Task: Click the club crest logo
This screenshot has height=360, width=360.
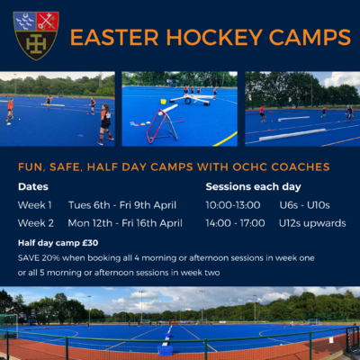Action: pos(36,36)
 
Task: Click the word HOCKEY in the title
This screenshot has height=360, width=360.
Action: pos(214,38)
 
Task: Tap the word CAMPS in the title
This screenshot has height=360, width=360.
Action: pos(310,38)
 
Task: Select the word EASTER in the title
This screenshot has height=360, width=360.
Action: pos(114,38)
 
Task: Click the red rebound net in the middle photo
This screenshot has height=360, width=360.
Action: pos(162,126)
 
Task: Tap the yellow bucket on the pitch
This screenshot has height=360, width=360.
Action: pos(164,102)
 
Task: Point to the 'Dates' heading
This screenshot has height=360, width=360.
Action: pos(33,186)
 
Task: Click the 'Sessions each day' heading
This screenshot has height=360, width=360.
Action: pos(253,187)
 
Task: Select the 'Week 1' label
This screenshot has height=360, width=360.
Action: pos(35,205)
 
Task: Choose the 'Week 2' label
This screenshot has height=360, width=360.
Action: pos(36,223)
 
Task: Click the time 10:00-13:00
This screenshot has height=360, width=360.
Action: pos(233,205)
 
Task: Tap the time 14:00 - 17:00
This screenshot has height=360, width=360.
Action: pos(235,223)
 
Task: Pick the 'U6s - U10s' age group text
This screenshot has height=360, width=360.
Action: pos(304,205)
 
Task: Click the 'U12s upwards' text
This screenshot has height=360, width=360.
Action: pos(312,223)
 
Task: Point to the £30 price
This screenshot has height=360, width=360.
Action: pos(90,243)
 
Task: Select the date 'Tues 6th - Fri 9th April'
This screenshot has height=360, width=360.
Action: pos(122,205)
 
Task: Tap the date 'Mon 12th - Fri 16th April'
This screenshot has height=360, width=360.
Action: pos(125,223)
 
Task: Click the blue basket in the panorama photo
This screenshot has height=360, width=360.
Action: pos(165,350)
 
